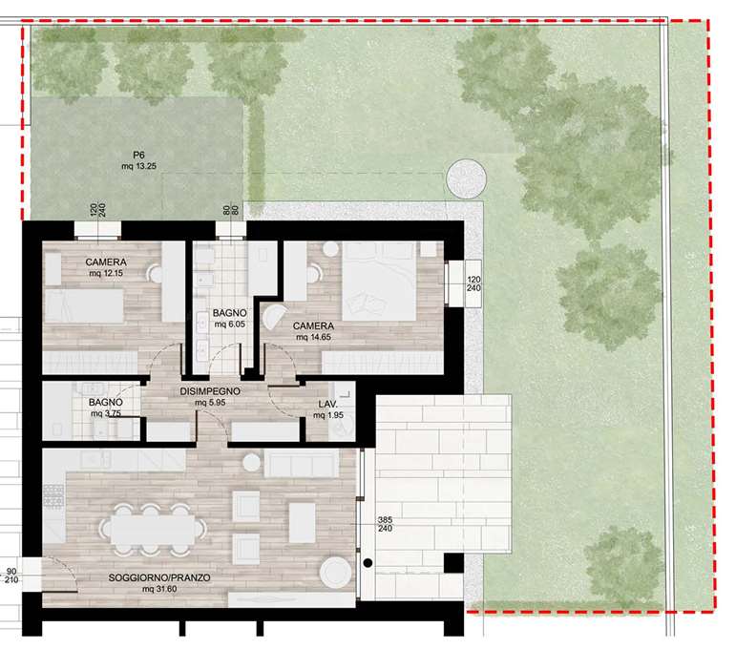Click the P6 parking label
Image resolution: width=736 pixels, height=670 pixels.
coord(138,155)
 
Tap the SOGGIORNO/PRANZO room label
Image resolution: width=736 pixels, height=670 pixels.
coord(159,577)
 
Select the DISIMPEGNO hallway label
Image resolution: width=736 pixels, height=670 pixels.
coord(210,391)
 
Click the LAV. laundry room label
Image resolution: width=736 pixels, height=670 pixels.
coord(327,404)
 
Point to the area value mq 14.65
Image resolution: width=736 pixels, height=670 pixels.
coord(313,337)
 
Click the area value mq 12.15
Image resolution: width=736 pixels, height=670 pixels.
coord(107,273)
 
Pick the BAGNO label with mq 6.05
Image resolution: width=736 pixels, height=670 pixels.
coord(229,313)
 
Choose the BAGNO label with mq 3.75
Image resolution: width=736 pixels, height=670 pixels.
coord(106,402)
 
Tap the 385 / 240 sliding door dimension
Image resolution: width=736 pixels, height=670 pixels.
coord(385,524)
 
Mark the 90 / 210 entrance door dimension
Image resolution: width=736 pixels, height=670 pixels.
coord(11,576)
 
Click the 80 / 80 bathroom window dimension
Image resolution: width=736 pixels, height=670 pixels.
coord(230,209)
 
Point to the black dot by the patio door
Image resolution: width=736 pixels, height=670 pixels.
coord(368,562)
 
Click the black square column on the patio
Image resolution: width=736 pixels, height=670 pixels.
coord(453,563)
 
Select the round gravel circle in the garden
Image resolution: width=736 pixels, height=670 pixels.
coord(466,178)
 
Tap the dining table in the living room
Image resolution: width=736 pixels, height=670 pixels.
coord(153,530)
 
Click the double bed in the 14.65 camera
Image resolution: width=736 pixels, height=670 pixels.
coord(379,281)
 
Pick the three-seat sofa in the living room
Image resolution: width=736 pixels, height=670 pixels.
coord(302,463)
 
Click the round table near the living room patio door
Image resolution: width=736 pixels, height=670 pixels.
coord(335,572)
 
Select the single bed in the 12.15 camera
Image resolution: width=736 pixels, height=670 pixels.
coord(84,305)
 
